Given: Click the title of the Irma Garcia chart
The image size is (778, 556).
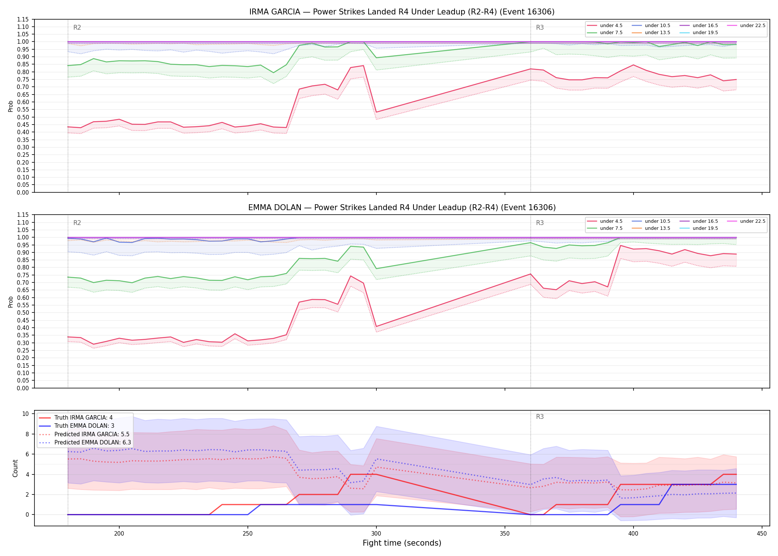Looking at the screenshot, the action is coord(402,12).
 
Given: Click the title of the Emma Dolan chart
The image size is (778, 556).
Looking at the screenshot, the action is coord(402,208).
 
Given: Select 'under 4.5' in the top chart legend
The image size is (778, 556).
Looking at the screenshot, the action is coord(611,26).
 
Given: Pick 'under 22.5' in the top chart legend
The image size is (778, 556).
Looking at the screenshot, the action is coord(752,26).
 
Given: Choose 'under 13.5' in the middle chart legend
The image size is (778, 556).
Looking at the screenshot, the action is coord(657,228).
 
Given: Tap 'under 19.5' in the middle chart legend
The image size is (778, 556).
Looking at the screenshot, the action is coord(705,228).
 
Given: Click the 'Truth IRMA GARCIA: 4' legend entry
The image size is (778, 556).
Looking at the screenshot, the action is coord(83,418).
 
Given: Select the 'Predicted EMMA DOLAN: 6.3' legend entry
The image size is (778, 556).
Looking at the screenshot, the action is coord(93,443).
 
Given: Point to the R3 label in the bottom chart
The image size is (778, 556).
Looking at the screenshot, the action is coord(540,417).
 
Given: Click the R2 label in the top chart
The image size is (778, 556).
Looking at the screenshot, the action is coord(77,27).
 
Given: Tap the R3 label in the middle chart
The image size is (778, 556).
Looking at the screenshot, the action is coord(540,223).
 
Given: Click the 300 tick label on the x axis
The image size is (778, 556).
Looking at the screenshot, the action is coord(376,534).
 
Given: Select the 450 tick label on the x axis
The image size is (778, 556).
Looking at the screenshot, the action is coord(762,534).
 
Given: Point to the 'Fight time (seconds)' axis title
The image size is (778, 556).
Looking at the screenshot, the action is coord(402,543).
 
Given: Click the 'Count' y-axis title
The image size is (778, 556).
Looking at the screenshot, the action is coord(15,468).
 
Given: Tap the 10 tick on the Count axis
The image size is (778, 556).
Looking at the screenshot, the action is coord(26,414).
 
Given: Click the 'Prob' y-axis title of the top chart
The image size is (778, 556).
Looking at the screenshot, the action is coord(11,106).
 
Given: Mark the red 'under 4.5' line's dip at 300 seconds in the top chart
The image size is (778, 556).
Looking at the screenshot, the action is coord(376,112).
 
